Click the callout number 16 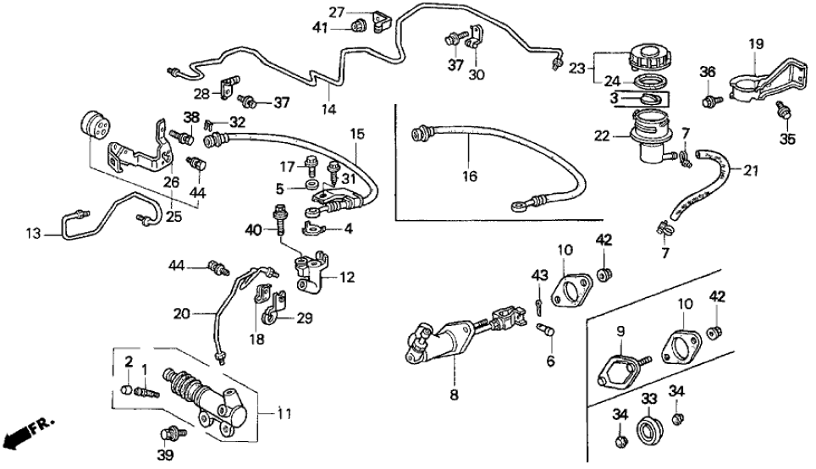coord(470,177)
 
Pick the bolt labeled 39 coord(172,433)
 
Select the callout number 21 coord(749,171)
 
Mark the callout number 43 coord(538,276)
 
